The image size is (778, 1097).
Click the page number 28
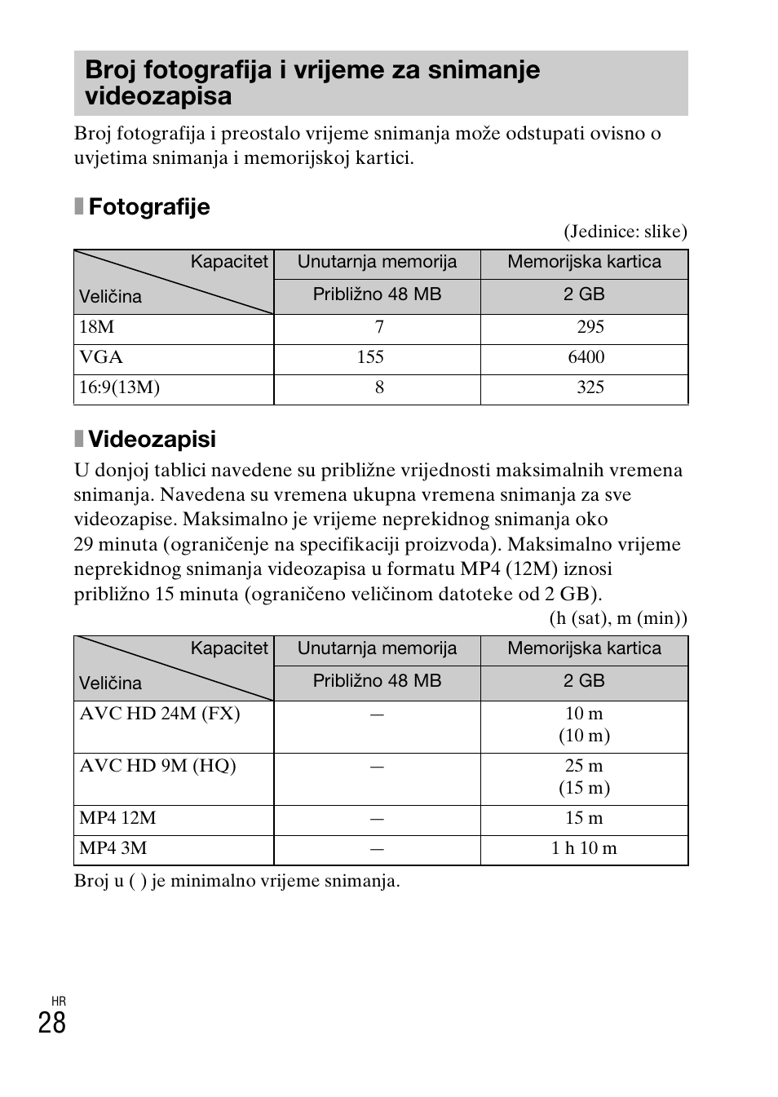click(51, 1023)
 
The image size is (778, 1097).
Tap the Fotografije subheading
click(148, 207)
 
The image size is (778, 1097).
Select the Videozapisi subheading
click(152, 440)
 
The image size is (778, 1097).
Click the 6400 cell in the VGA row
click(586, 357)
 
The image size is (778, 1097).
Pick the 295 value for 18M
click(590, 327)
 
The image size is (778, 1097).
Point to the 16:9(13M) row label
click(119, 387)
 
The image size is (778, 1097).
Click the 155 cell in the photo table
click(370, 357)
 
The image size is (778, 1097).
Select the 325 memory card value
click(590, 387)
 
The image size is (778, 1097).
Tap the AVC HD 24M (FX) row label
click(159, 714)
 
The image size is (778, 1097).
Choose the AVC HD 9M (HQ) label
click(157, 766)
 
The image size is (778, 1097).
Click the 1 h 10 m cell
click(584, 848)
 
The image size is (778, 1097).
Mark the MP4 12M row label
click(117, 818)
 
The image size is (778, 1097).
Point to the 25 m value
click(584, 766)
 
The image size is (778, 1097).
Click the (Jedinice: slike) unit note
click(625, 232)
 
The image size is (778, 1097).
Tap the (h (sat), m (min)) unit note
click(617, 618)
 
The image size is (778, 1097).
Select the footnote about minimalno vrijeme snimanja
click(236, 881)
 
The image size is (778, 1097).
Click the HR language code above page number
click(58, 1001)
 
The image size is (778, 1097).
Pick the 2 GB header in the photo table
click(584, 294)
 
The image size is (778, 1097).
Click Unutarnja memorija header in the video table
click(377, 649)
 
